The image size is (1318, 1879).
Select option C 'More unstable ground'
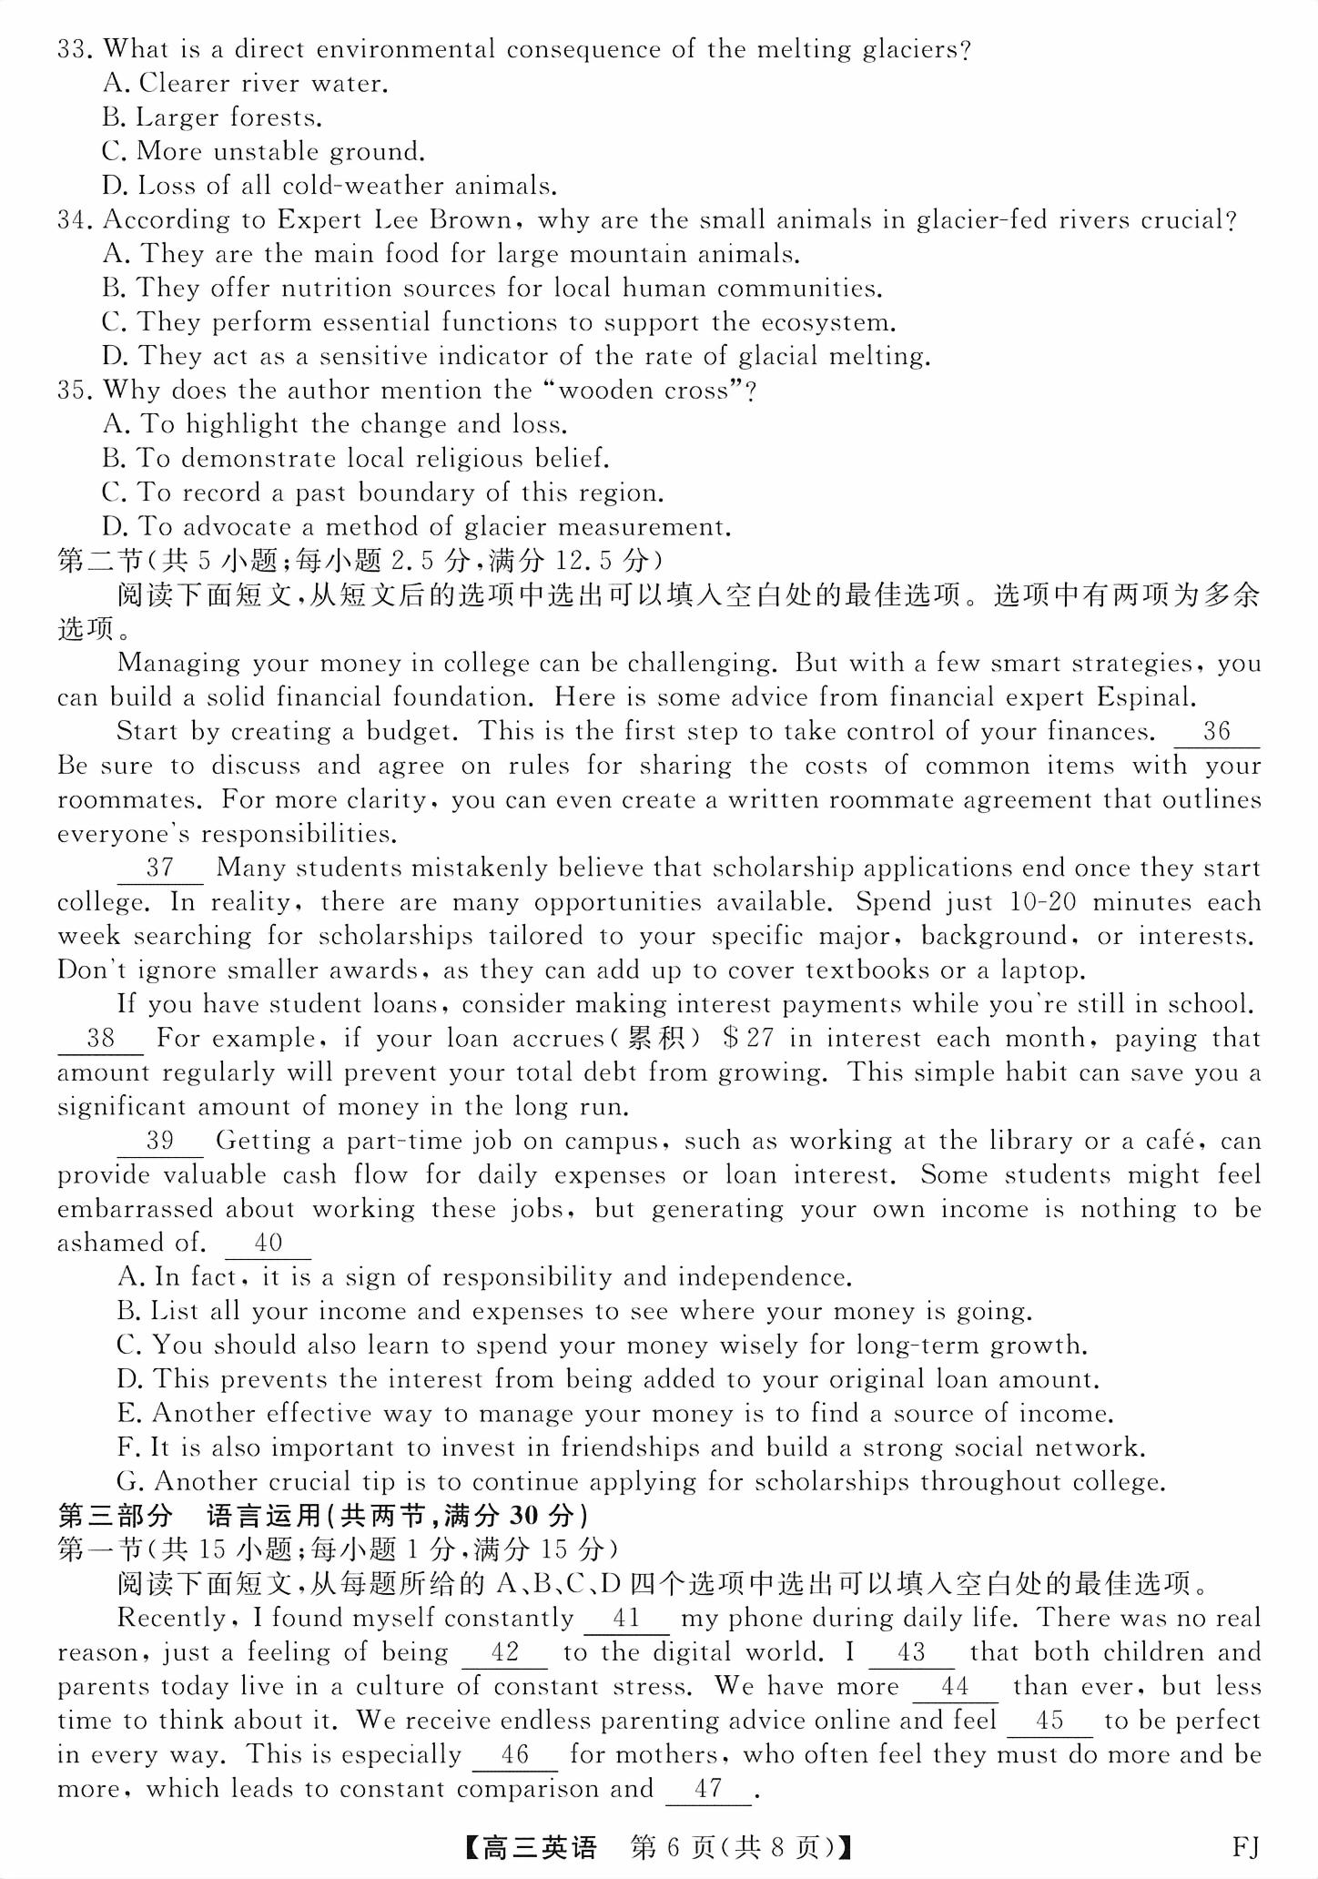[264, 151]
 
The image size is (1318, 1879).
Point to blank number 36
[1216, 732]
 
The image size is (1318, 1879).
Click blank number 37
[160, 868]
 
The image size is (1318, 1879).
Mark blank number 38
[101, 1039]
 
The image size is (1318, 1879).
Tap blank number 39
[160, 1141]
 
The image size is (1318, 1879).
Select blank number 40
[269, 1243]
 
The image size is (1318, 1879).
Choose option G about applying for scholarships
[642, 1481]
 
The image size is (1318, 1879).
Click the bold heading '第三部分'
[115, 1516]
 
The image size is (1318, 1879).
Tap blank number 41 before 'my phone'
[627, 1619]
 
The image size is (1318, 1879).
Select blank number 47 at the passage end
[708, 1789]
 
